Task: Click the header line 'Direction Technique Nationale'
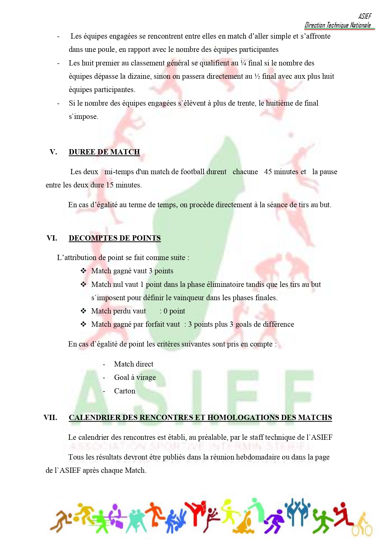click(338, 25)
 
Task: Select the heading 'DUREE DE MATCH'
click(104, 152)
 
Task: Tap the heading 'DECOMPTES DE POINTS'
click(114, 238)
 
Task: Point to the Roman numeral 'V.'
click(53, 152)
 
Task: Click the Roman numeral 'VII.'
click(50, 418)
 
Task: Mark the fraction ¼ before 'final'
click(243, 63)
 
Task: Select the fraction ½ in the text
click(257, 76)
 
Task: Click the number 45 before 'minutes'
click(268, 172)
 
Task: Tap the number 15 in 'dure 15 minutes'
click(110, 185)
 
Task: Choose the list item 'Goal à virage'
click(135, 377)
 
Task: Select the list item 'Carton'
click(125, 391)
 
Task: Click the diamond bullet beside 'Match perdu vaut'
click(83, 311)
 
